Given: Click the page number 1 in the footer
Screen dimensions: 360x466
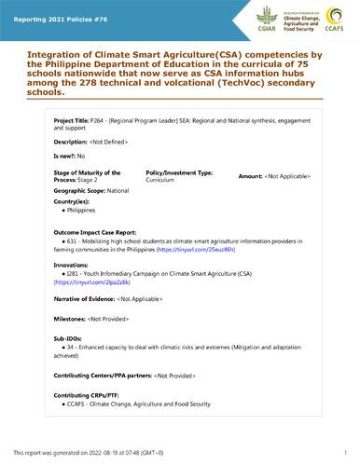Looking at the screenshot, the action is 344,452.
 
